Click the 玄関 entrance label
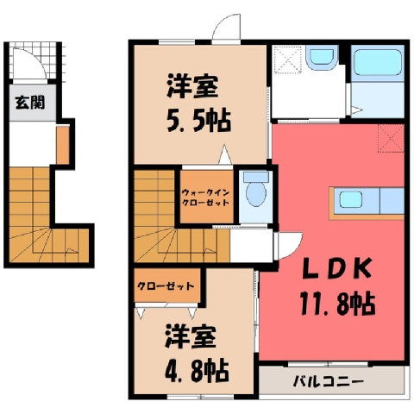point(30,103)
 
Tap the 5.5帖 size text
point(199,120)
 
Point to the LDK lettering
point(337,269)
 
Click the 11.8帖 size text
point(337,304)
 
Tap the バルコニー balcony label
point(329,382)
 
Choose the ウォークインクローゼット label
point(206,197)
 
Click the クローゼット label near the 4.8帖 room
point(166,286)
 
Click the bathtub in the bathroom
point(378,62)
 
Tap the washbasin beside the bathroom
point(321,59)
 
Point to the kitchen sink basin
point(350,199)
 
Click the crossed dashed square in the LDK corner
point(391,139)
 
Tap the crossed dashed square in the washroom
point(288,59)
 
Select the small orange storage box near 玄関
point(63,145)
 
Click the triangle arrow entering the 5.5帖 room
point(225,155)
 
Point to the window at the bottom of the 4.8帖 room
point(200,397)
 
